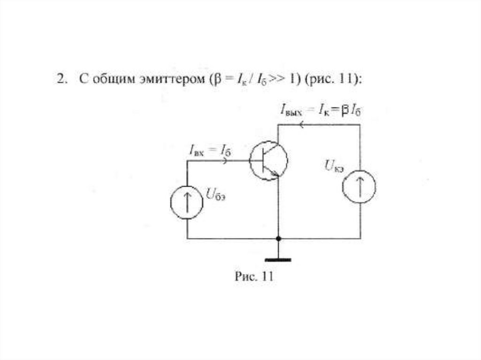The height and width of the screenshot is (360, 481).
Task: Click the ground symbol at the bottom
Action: pyautogui.click(x=278, y=259)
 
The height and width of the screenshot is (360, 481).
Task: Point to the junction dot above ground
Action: pyautogui.click(x=278, y=238)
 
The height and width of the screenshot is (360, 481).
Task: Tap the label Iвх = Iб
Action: pyautogui.click(x=210, y=150)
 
